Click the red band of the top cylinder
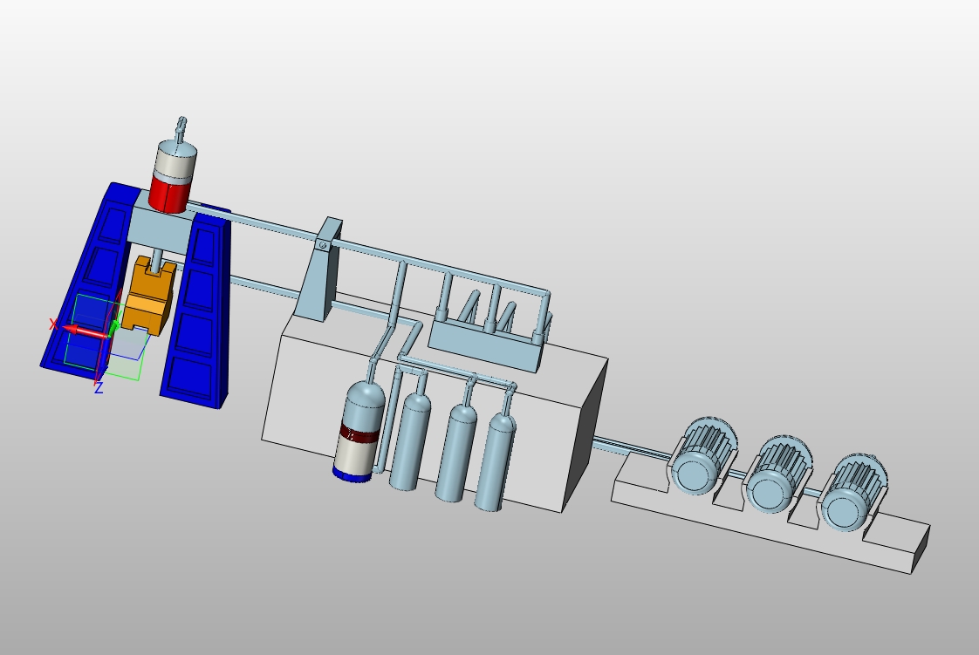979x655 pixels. tap(169, 194)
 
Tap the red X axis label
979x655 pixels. tap(53, 324)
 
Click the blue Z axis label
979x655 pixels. tap(98, 388)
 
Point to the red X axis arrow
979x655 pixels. tap(86, 331)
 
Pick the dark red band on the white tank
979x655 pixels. tap(357, 433)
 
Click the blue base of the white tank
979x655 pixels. tap(353, 474)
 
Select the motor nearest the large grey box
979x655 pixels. tap(702, 457)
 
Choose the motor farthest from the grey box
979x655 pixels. tap(852, 493)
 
